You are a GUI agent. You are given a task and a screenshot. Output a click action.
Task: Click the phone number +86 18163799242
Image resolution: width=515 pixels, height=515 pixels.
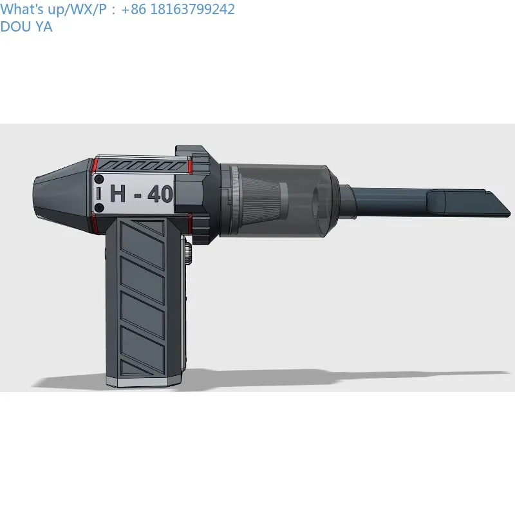(x=178, y=9)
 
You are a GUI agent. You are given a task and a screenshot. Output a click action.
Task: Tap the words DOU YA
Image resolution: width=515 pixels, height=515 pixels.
(x=26, y=26)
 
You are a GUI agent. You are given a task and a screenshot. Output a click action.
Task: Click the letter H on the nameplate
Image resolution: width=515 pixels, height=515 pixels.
(x=118, y=193)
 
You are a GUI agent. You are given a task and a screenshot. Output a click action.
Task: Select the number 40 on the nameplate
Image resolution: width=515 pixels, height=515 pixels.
(x=160, y=194)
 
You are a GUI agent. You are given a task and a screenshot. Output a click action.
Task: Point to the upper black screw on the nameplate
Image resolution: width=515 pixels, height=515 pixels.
(x=99, y=180)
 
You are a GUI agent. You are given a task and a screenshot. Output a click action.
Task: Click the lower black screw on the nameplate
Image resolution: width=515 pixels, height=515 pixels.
(x=99, y=208)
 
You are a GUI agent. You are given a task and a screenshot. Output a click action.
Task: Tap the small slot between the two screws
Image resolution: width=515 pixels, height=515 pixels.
(x=98, y=194)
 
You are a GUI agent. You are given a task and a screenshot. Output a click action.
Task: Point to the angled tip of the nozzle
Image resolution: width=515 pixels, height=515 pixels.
(x=510, y=213)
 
